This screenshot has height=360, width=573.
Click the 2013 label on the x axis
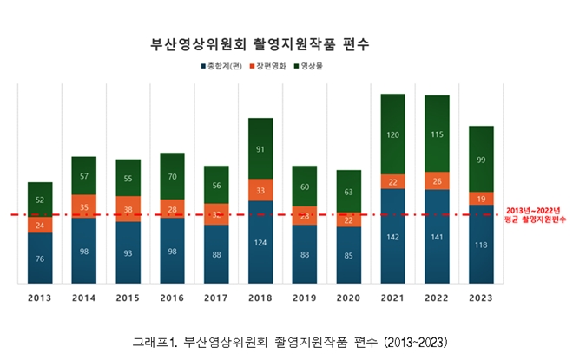[x=40, y=297]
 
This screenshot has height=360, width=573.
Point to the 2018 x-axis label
[x=260, y=297]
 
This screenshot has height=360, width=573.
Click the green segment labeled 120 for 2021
[x=393, y=134]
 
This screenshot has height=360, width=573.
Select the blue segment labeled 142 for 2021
[x=393, y=236]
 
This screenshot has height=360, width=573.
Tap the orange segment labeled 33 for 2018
[x=260, y=190]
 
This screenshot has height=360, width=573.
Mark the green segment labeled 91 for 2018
[x=260, y=148]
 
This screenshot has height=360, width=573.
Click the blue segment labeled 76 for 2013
[x=40, y=258]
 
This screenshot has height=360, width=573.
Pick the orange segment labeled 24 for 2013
[x=40, y=225]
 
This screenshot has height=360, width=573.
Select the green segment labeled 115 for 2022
[x=437, y=134]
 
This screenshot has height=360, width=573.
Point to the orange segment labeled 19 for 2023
[x=481, y=199]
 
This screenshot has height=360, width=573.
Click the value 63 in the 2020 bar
[x=349, y=192]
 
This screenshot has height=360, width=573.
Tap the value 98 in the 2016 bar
[x=172, y=252]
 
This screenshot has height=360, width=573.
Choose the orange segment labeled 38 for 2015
[x=128, y=209]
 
